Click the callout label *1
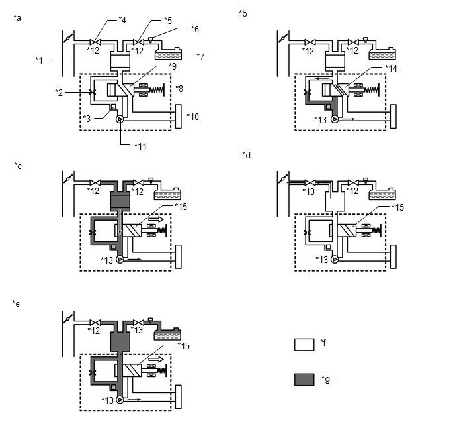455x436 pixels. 40,61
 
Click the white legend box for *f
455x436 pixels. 304,345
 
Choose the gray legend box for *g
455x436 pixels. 304,379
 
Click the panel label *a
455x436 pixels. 17,17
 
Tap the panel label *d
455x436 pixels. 246,154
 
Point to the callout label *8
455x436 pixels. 181,89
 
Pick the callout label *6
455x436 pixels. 195,29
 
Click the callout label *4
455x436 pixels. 122,21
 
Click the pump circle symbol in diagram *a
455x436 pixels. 120,121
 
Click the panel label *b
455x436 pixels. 245,13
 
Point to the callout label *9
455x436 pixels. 173,66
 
